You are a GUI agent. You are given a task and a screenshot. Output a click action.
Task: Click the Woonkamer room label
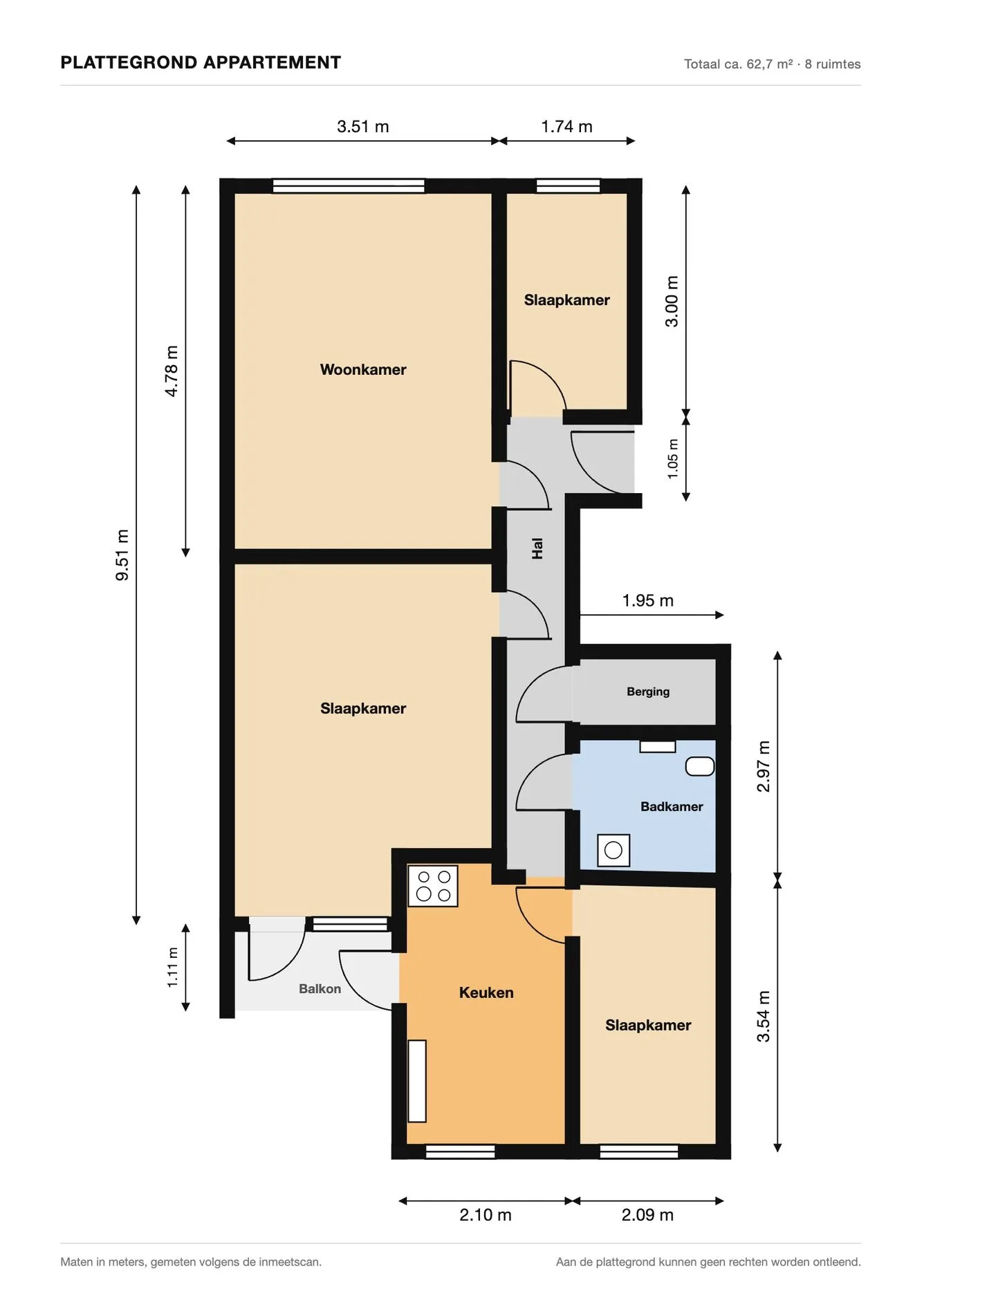pyautogui.click(x=363, y=369)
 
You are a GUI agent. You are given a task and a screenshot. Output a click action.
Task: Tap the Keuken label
pyautogui.click(x=486, y=992)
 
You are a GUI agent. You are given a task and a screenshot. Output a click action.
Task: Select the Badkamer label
pyautogui.click(x=672, y=806)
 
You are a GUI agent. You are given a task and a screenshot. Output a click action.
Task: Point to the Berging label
pyautogui.click(x=648, y=692)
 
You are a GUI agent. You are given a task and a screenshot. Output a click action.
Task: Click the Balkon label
pyautogui.click(x=320, y=989)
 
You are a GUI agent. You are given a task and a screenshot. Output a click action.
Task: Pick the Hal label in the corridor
pyautogui.click(x=537, y=548)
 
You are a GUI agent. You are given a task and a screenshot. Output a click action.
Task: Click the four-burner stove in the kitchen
pyautogui.click(x=433, y=886)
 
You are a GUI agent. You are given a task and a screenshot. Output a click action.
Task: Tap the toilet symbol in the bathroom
pyautogui.click(x=700, y=766)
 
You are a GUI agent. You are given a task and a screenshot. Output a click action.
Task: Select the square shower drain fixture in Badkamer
pyautogui.click(x=614, y=850)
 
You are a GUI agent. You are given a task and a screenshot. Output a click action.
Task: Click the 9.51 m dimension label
pyautogui.click(x=122, y=555)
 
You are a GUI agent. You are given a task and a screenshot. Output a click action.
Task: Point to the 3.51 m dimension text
pyautogui.click(x=363, y=127)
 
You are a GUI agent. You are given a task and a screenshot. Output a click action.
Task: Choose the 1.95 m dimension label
pyautogui.click(x=648, y=600)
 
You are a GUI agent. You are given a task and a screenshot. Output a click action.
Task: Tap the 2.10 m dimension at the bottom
pyautogui.click(x=486, y=1214)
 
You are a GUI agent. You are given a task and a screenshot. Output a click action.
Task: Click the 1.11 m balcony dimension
pyautogui.click(x=173, y=968)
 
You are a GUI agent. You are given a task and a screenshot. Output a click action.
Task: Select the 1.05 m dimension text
pyautogui.click(x=673, y=459)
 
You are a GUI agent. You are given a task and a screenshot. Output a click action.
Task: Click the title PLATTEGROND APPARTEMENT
pyautogui.click(x=201, y=63)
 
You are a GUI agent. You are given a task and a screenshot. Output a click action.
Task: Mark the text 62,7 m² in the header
pyautogui.click(x=769, y=64)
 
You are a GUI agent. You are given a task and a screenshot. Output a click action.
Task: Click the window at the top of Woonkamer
pyautogui.click(x=349, y=186)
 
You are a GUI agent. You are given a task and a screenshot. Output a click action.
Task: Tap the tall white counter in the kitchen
pyautogui.click(x=417, y=1081)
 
